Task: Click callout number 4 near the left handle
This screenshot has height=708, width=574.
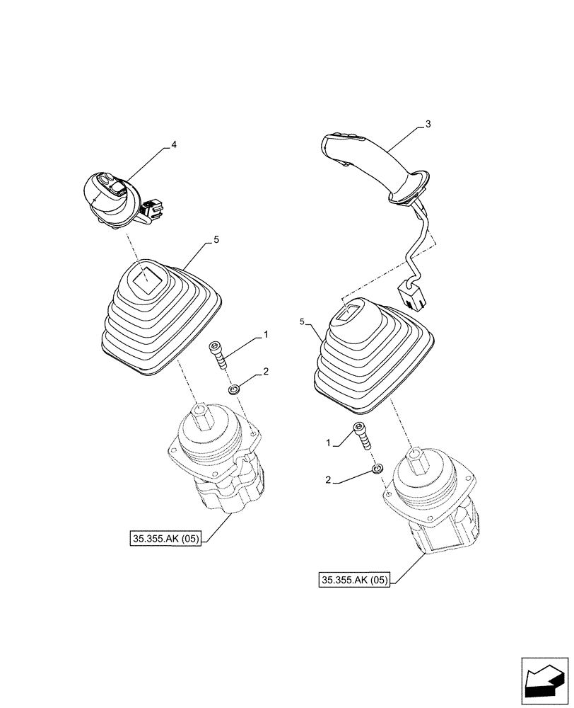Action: coord(174,145)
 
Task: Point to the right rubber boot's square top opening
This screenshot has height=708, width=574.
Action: coord(351,311)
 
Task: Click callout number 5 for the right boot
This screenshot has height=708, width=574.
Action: coord(303,321)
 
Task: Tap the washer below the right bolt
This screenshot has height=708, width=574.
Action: coord(378,468)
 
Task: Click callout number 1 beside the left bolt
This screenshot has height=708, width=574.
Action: coord(266,333)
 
